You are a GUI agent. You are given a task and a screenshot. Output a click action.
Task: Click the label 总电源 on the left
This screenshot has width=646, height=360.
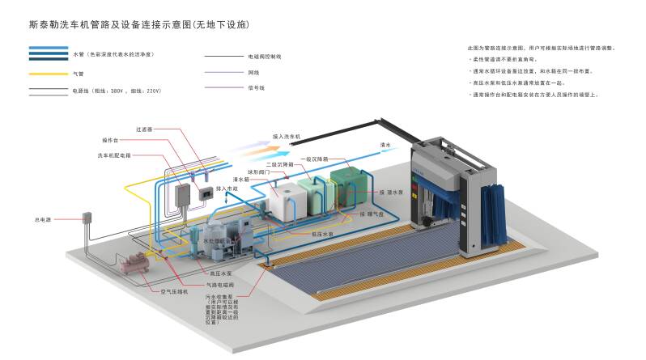(x=42, y=219)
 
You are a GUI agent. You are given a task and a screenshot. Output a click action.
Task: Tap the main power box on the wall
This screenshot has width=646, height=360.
(x=86, y=217)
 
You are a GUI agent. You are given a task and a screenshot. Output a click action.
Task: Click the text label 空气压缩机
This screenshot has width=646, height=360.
(x=173, y=290)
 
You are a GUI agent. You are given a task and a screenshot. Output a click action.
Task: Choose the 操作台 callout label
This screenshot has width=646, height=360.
(x=110, y=140)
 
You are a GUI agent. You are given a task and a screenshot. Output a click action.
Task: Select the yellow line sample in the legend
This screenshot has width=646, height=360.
(x=48, y=74)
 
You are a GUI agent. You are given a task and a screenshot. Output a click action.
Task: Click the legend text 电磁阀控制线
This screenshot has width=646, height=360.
(x=265, y=57)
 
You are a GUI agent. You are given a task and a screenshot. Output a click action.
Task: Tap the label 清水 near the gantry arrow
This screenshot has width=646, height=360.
(x=386, y=145)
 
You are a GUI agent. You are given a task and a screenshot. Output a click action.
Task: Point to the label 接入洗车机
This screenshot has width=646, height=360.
(x=286, y=136)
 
